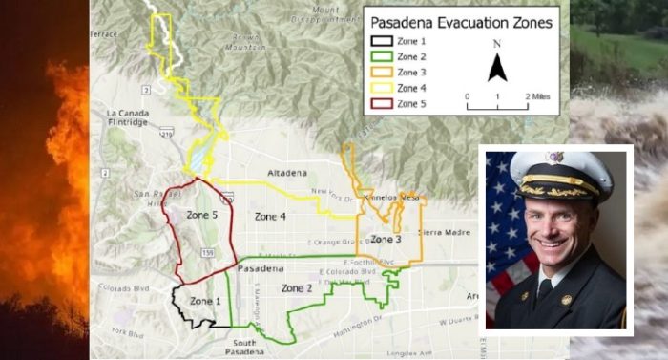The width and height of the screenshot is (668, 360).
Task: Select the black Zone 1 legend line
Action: (382, 41)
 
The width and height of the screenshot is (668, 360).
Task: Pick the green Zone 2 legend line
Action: (382, 57)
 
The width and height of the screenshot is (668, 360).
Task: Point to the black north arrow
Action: (497, 67)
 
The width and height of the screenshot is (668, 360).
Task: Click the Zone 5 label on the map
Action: (201, 215)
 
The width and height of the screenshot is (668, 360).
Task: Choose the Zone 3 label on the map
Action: (386, 239)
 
